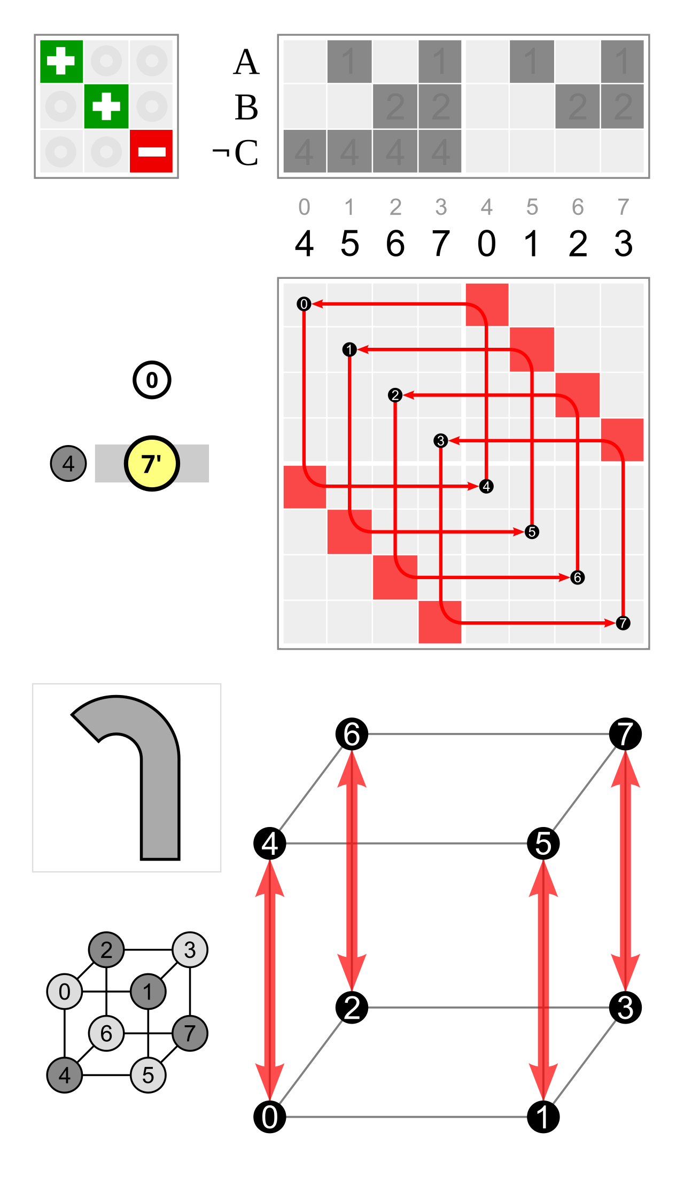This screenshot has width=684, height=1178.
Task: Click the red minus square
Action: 151,151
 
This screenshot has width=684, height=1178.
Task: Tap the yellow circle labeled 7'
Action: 152,463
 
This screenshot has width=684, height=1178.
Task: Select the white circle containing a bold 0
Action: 152,380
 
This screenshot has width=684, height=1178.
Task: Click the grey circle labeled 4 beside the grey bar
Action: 68,463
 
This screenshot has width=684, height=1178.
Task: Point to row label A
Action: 246,62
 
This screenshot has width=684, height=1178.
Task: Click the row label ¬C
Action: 235,153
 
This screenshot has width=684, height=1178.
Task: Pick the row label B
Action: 246,107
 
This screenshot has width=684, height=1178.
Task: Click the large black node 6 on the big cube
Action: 352,734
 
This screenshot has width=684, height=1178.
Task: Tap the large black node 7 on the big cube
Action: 625,734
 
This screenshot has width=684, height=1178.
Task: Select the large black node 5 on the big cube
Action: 543,844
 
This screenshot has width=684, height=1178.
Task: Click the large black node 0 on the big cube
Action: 269,1117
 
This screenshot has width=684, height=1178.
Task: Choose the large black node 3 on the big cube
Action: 625,1008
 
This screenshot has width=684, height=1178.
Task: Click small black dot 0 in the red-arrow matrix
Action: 304,304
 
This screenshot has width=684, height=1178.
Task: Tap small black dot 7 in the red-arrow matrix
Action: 623,623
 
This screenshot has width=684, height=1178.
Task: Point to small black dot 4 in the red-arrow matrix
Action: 486,486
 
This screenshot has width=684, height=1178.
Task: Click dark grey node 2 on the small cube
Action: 106,950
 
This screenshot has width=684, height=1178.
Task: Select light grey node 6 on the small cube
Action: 106,1033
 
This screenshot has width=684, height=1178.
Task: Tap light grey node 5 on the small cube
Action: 148,1075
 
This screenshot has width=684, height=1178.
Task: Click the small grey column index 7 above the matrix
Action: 623,207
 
